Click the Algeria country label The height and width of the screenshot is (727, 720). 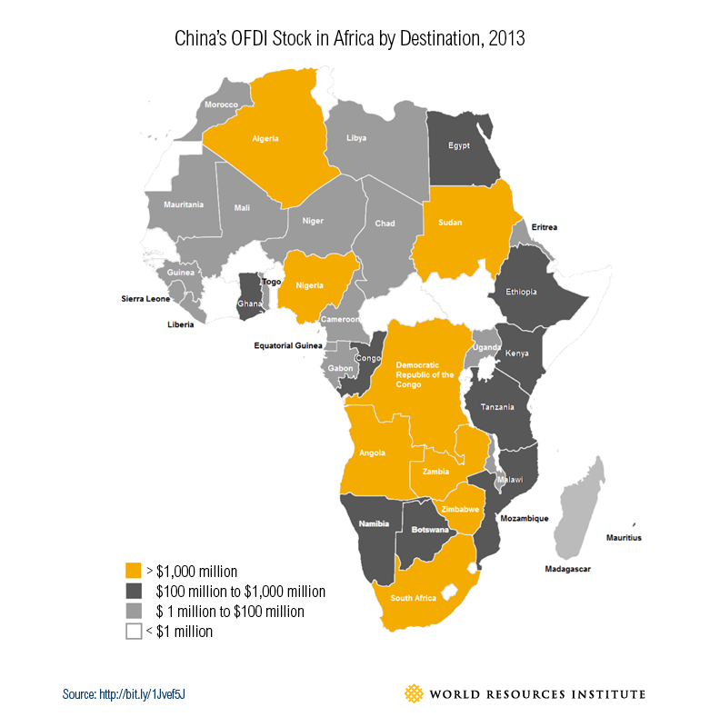265,139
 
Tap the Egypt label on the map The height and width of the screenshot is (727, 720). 460,145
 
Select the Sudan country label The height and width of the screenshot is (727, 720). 452,222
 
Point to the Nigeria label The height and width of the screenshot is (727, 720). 307,285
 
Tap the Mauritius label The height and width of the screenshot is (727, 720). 624,538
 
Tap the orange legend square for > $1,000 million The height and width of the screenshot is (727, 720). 134,571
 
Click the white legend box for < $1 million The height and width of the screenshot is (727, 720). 134,631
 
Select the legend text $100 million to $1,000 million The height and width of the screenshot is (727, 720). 241,592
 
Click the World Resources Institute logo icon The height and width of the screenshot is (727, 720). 415,694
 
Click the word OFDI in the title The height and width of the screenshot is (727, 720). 252,39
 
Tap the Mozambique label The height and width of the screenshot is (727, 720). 525,518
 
